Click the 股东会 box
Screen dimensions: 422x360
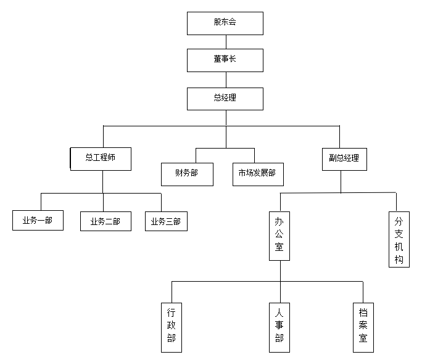225,23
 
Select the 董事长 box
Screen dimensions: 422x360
225,60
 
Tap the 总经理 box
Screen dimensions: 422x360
225,99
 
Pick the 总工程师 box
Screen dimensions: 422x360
101,159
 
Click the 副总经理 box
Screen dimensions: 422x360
344,159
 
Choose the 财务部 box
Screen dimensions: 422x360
187,174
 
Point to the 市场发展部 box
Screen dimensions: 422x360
258,174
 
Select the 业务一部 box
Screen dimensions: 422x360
38,221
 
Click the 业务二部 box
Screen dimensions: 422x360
105,221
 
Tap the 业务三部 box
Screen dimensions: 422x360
166,221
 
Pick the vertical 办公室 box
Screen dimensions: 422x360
279,236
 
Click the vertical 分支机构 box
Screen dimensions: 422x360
399,239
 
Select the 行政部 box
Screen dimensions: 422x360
172,327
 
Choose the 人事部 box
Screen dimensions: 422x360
279,327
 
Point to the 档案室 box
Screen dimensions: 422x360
363,327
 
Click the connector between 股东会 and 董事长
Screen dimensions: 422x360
226,42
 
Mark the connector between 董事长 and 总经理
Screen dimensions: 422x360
226,80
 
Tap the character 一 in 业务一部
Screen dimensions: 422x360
41,221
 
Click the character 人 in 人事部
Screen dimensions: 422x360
279,313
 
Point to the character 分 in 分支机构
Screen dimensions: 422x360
399,222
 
